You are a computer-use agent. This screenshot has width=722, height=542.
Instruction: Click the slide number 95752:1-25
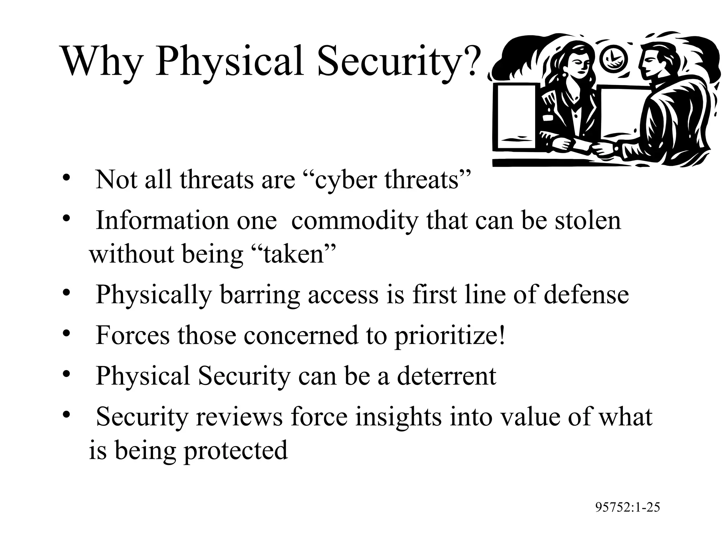[x=628, y=507]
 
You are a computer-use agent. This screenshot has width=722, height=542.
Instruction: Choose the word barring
[x=260, y=295]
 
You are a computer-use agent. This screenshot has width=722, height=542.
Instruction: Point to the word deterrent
[x=447, y=376]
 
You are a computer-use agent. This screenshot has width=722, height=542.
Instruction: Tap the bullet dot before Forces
[x=66, y=333]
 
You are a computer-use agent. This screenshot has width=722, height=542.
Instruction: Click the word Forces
[x=133, y=335]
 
